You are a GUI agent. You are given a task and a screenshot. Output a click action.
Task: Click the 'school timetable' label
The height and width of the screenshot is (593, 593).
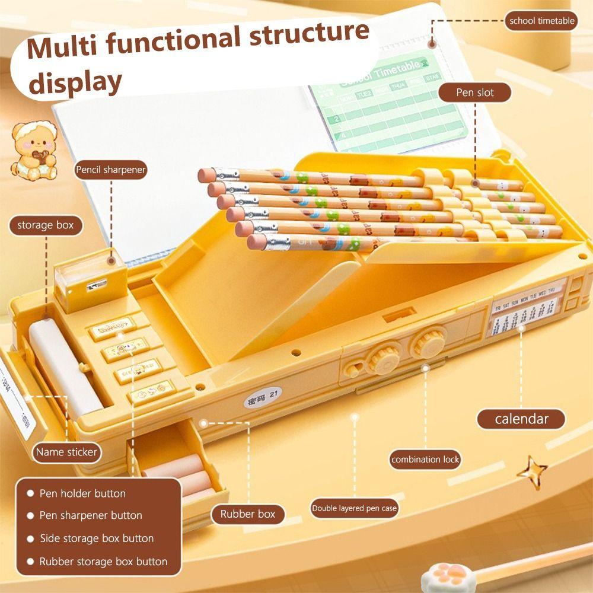coord(542,21)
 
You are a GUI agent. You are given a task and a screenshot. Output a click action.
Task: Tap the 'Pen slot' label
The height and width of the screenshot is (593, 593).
coord(474,93)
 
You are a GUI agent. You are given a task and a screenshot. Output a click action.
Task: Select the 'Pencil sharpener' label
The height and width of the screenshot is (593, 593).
coord(110,170)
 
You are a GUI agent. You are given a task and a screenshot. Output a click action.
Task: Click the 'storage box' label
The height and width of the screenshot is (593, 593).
coord(45,225)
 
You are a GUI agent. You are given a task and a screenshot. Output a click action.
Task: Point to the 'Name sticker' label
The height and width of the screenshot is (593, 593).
coord(66,452)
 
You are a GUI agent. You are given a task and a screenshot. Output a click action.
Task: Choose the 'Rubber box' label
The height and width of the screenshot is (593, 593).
coord(248,514)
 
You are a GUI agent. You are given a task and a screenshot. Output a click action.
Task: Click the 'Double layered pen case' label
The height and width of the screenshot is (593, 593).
coord(355,508)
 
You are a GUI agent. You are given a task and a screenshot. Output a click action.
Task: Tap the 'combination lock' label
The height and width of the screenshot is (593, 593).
coord(425,459)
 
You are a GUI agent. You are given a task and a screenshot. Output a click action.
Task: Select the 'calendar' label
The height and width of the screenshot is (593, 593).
coord(521,419)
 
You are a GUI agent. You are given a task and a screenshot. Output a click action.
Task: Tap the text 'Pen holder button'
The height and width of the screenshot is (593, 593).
coord(82,493)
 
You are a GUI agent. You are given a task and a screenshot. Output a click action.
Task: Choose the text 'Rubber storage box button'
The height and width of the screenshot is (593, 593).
coord(103,562)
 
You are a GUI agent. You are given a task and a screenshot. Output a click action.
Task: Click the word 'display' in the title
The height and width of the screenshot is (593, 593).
coord(75,81)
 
